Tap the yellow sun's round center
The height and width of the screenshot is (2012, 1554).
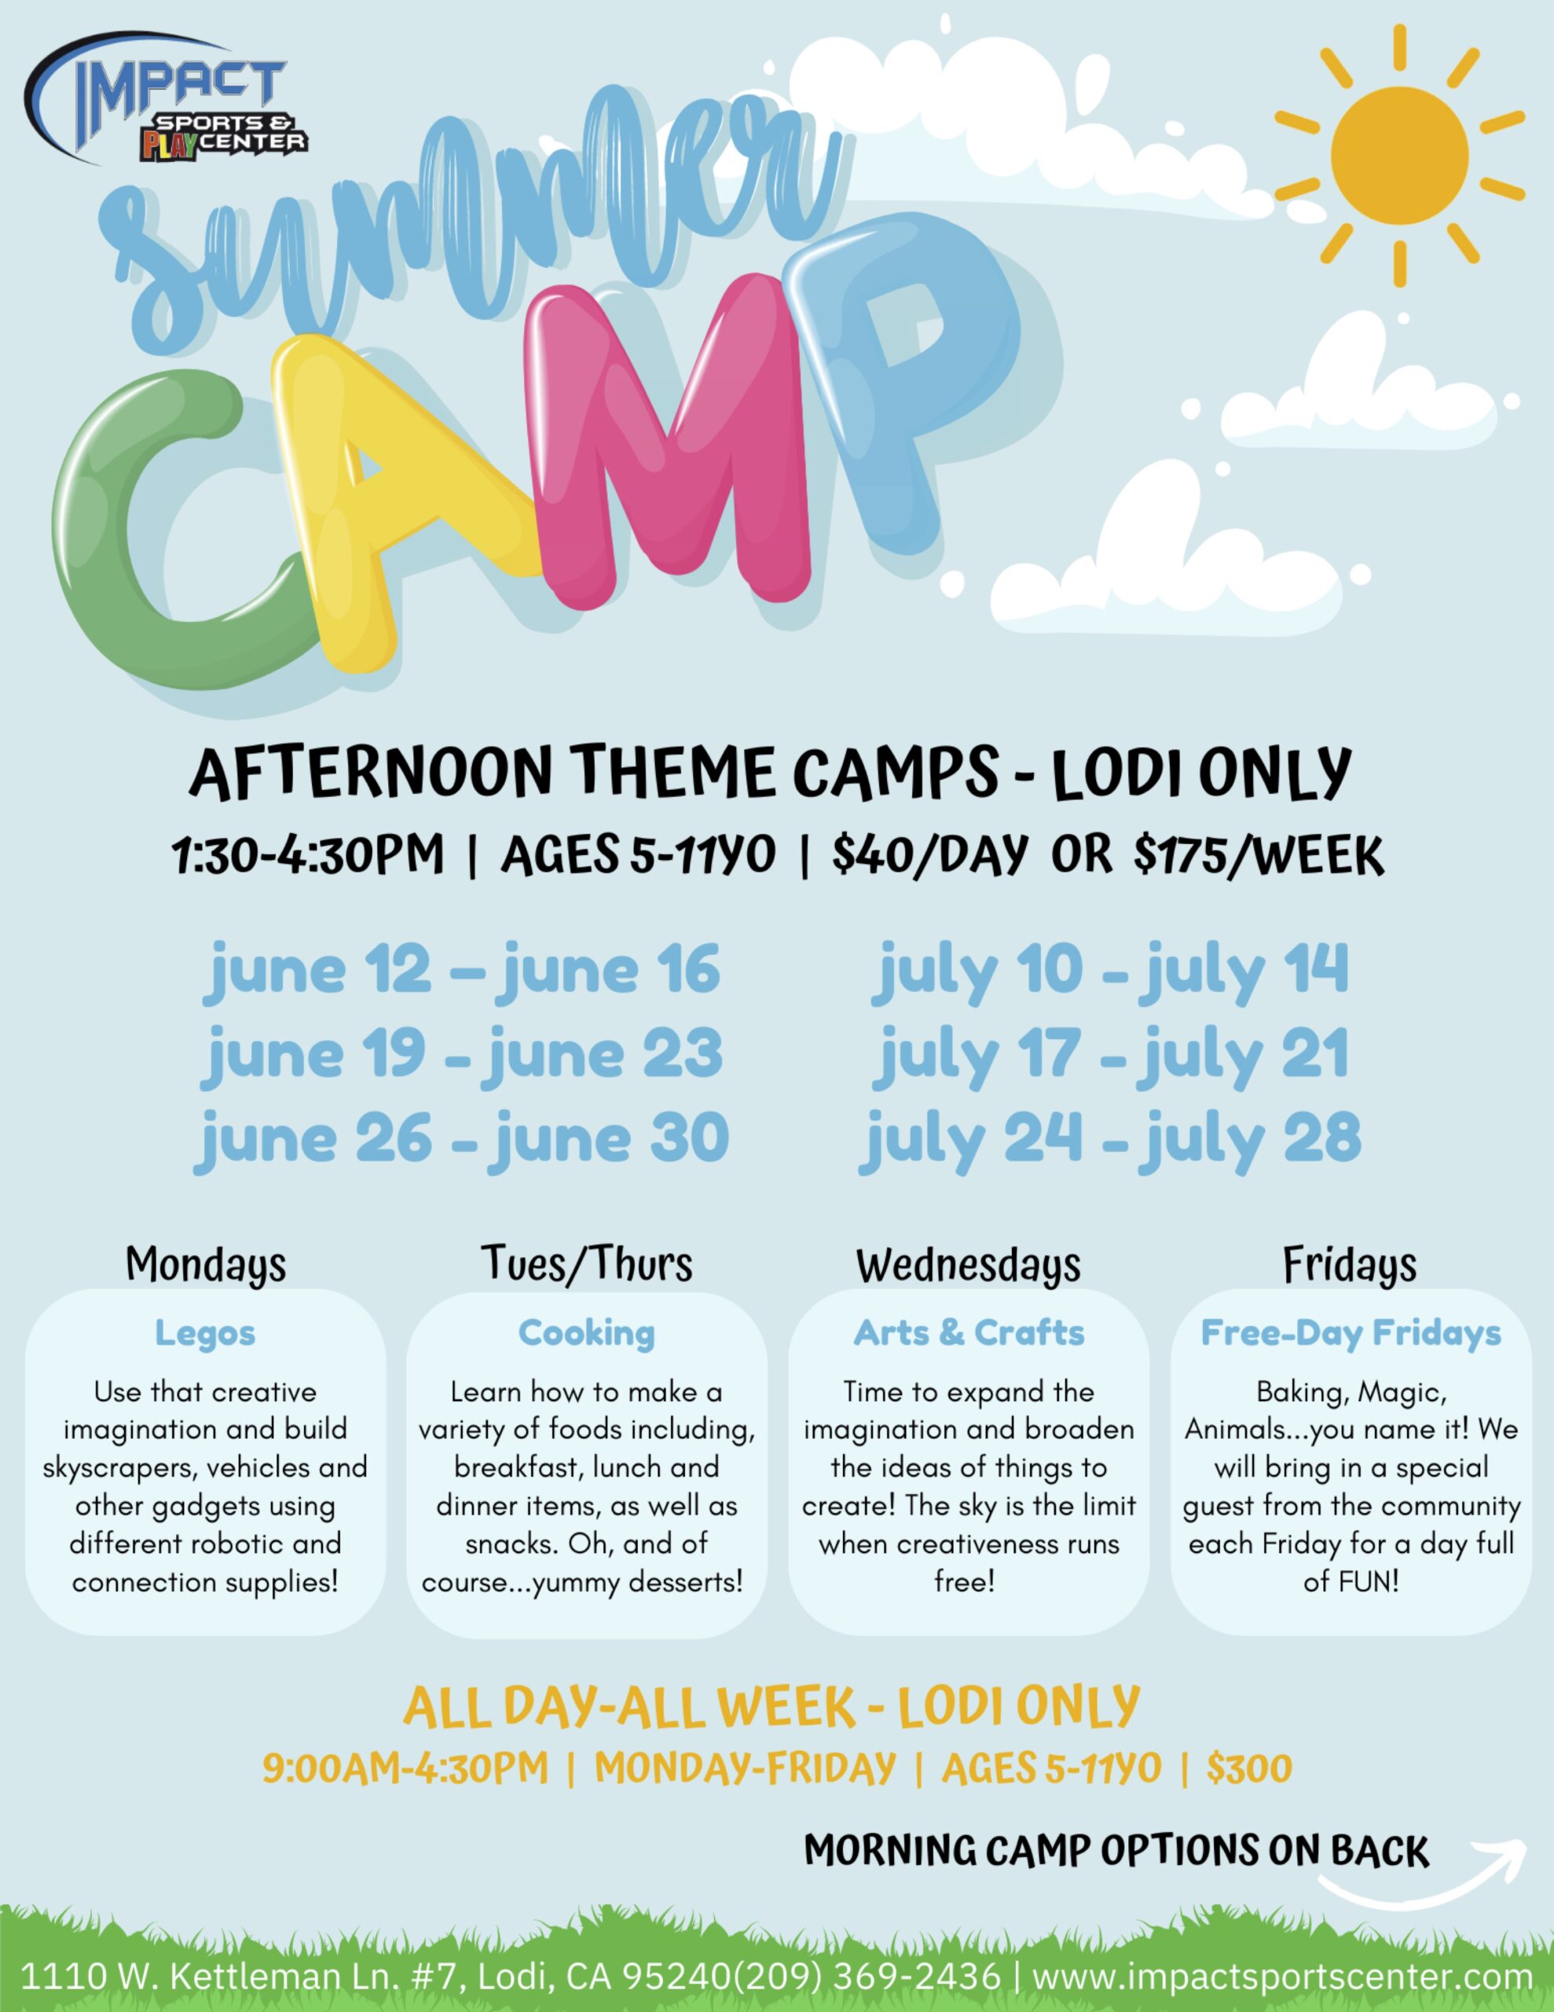click(1399, 156)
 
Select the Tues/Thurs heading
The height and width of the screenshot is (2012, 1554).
click(587, 1264)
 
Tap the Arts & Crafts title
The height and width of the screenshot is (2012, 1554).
click(969, 1333)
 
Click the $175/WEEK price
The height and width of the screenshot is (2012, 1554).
click(1259, 856)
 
